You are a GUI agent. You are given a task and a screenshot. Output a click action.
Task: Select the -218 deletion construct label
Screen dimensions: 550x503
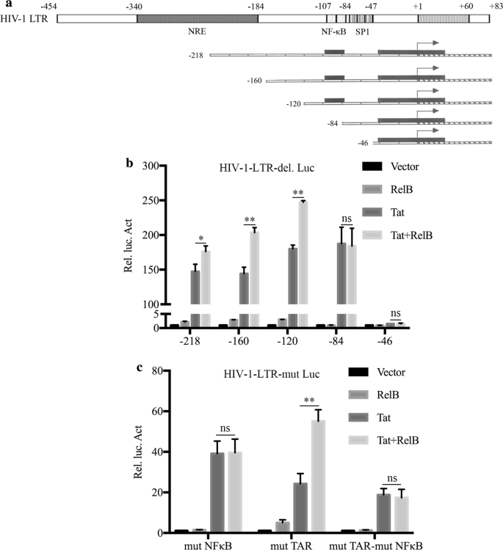click(196, 56)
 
